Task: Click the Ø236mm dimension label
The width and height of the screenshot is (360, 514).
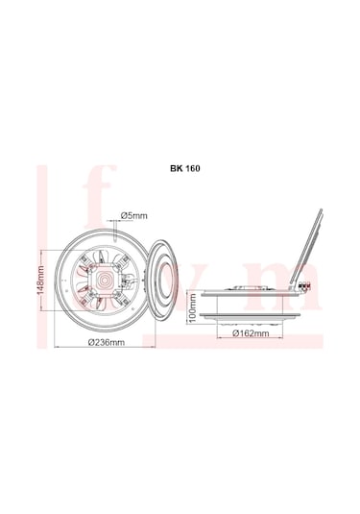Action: pyautogui.click(x=107, y=343)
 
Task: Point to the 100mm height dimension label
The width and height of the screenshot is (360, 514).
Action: pyautogui.click(x=192, y=313)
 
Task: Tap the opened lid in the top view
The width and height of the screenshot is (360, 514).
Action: pyautogui.click(x=163, y=280)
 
